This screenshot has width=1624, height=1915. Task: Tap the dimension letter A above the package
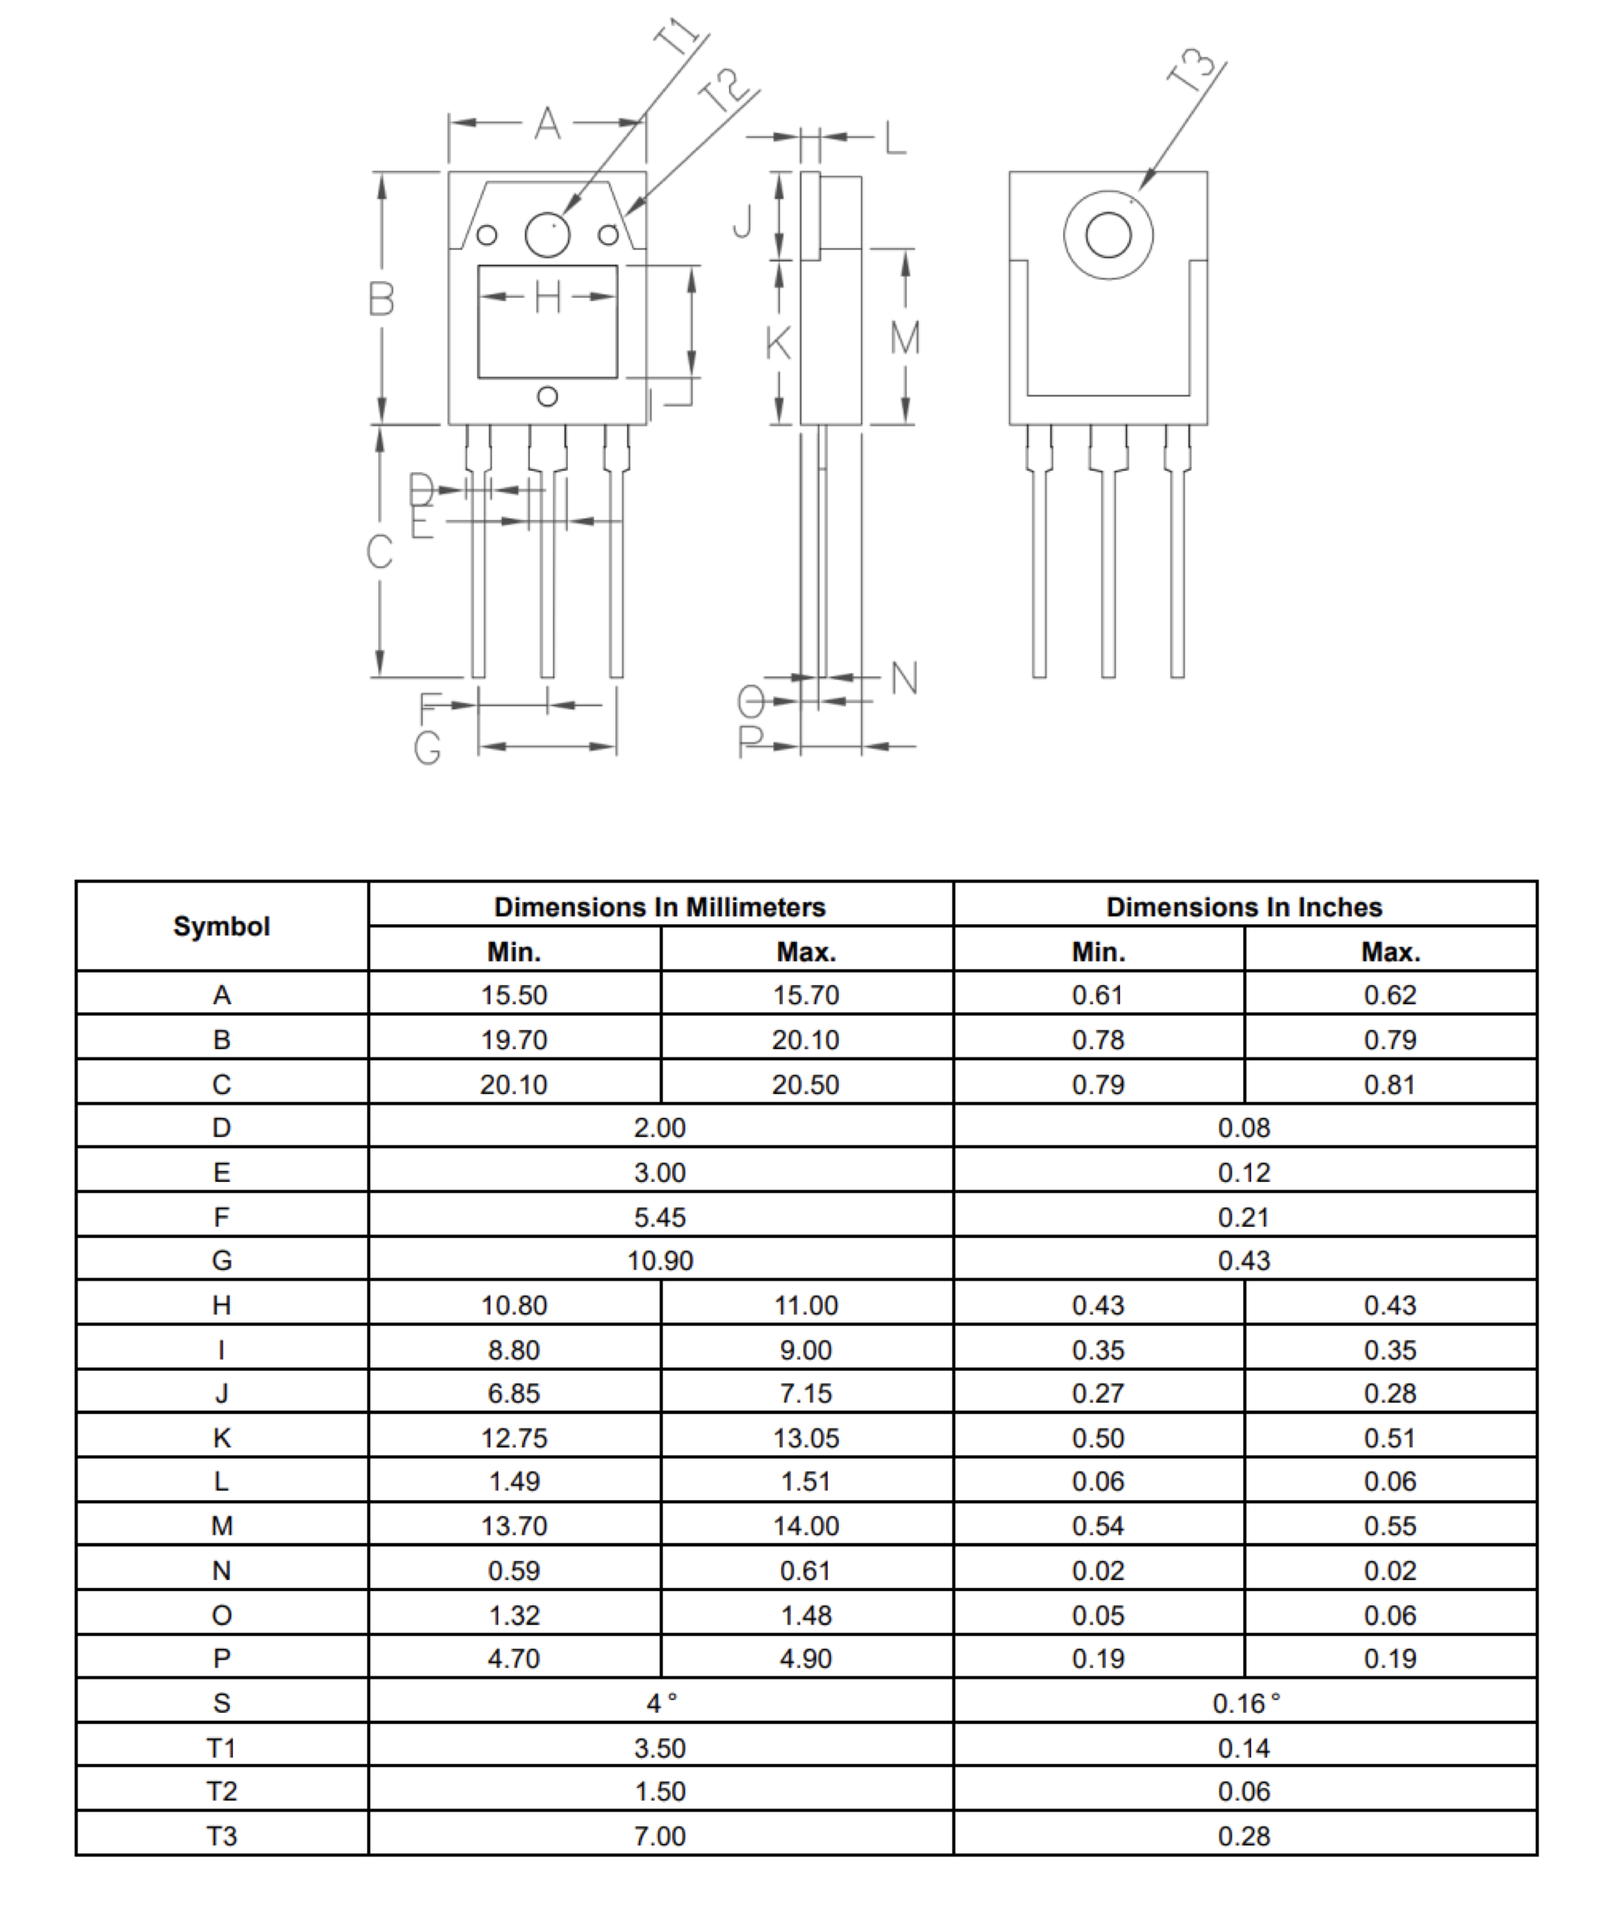click(x=547, y=122)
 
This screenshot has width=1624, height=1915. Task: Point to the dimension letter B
click(x=382, y=299)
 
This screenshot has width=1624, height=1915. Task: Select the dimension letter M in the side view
click(x=904, y=338)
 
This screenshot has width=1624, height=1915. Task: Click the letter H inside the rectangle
click(x=547, y=297)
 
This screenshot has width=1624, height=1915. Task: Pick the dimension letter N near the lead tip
click(x=904, y=679)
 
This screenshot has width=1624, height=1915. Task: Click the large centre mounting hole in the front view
click(x=547, y=235)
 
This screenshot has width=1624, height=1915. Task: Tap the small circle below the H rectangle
click(x=547, y=397)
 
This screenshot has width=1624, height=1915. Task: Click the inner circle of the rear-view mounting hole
click(x=1107, y=235)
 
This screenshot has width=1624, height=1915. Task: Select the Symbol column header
click(x=222, y=926)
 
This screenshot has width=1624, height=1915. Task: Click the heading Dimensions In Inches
click(x=1244, y=907)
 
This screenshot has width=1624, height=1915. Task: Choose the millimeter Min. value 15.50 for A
click(x=513, y=995)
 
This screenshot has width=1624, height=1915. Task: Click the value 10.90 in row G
click(x=660, y=1260)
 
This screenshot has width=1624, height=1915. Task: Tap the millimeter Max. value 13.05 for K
click(x=806, y=1438)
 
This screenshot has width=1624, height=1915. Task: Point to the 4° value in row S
click(x=661, y=1703)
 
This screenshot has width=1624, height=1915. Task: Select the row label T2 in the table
click(x=222, y=1792)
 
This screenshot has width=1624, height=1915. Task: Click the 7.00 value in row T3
click(x=660, y=1836)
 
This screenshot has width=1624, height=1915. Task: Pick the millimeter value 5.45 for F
click(x=660, y=1217)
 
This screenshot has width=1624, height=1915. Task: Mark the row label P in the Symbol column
click(x=222, y=1658)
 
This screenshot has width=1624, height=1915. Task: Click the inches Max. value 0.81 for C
click(x=1389, y=1085)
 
